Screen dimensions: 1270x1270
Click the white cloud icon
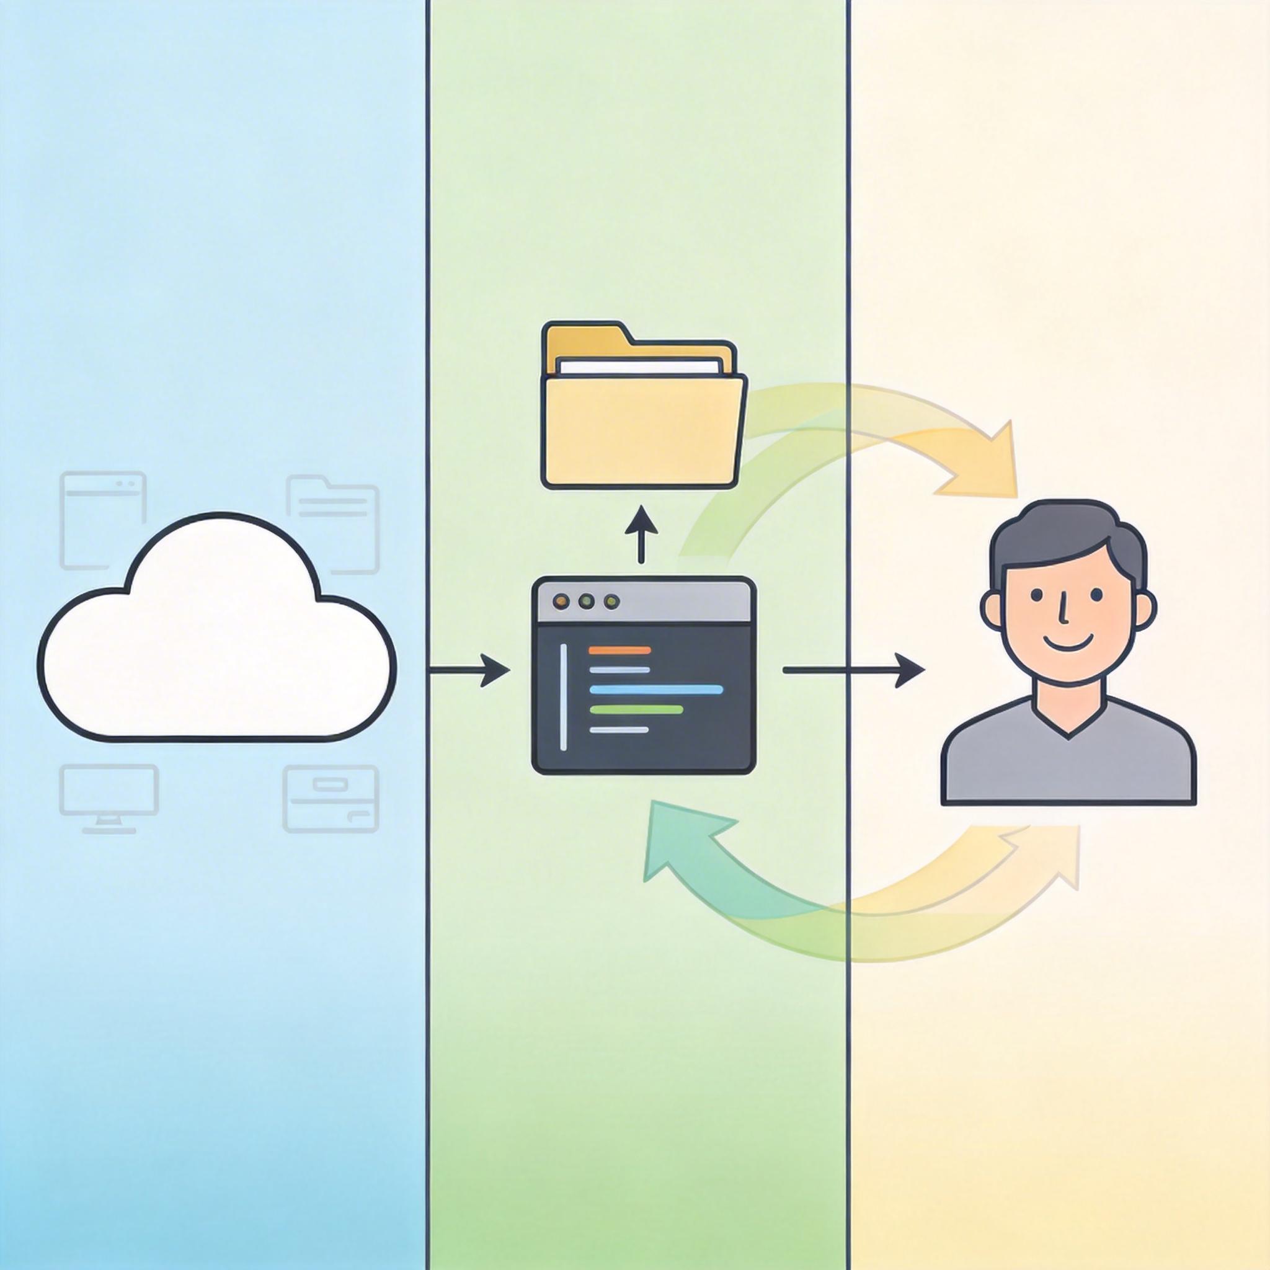[217, 644]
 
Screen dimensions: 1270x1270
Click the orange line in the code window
[620, 650]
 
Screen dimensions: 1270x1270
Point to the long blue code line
[656, 689]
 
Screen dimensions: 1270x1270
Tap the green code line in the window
[636, 709]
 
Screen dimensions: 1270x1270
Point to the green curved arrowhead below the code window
[677, 841]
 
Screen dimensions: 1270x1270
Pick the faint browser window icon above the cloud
[102, 519]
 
